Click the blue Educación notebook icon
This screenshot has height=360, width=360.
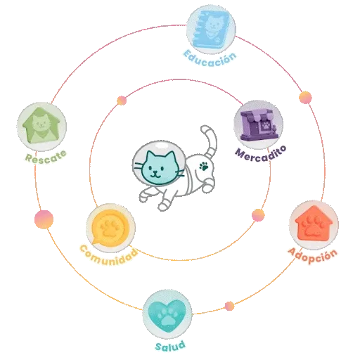[x=212, y=30]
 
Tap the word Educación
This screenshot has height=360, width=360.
[x=210, y=58]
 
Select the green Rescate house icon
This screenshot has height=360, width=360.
[x=41, y=127]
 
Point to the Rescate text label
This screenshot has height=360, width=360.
[x=46, y=157]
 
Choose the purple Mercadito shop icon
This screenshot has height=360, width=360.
[x=259, y=124]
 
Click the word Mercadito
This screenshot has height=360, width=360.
[x=261, y=153]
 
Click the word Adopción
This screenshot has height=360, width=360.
[x=313, y=255]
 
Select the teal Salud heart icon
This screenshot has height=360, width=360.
[x=167, y=314]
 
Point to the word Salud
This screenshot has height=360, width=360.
[x=170, y=346]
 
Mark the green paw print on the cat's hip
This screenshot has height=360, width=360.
[x=204, y=166]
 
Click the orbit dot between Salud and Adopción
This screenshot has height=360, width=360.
[x=229, y=306]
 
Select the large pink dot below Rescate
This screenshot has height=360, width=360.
[x=44, y=219]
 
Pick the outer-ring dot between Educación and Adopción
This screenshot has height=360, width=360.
[x=305, y=98]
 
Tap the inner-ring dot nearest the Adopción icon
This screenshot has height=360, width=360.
[x=258, y=215]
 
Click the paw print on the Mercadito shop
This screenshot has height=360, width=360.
[x=266, y=125]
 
